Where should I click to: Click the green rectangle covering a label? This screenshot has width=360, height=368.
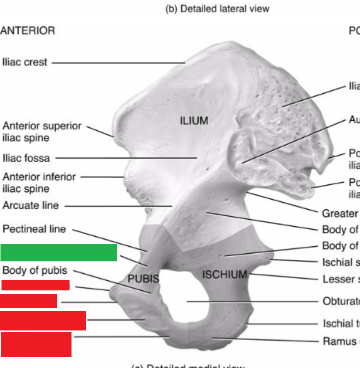[58, 253]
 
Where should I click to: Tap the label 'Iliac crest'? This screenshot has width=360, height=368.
[24, 63]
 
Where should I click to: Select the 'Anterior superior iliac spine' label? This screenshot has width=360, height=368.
[41, 132]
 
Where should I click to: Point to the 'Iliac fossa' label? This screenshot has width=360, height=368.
[26, 158]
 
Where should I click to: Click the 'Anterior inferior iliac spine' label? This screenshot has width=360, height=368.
[39, 183]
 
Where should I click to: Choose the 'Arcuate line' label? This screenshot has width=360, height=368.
[30, 205]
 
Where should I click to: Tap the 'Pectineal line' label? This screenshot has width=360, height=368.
[34, 229]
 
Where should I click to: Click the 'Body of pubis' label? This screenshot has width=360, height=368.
[34, 270]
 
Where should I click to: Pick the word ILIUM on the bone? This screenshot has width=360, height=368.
[194, 121]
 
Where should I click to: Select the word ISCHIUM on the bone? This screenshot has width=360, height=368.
[225, 274]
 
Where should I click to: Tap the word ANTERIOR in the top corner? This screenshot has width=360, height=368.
[27, 31]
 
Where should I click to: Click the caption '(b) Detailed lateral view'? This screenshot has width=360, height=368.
[217, 9]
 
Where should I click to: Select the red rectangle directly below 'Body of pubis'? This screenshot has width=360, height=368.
[35, 285]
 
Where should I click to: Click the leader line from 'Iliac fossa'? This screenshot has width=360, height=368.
[125, 158]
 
